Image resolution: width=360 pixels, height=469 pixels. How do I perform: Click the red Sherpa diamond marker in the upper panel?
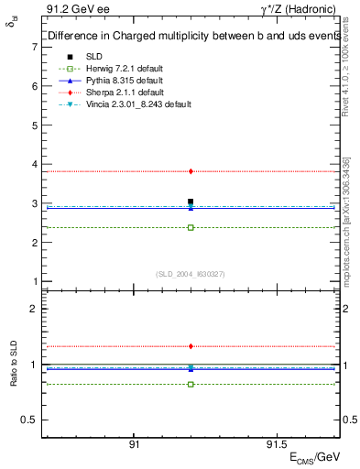click(191, 171)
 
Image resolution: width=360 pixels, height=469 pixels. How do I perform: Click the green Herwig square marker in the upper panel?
click(191, 227)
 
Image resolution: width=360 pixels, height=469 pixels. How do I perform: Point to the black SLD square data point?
click(191, 202)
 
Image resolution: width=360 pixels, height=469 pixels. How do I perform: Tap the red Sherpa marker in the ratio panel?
click(191, 346)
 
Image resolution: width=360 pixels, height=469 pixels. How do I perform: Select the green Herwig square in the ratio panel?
click(191, 384)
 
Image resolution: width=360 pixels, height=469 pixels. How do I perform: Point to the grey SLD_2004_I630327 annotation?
click(191, 274)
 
